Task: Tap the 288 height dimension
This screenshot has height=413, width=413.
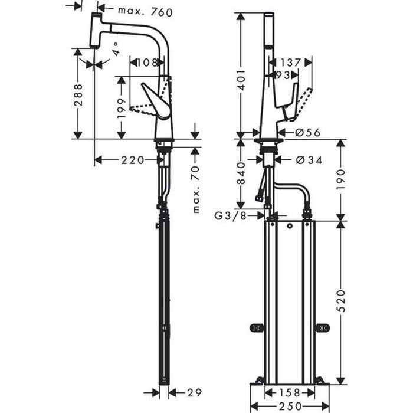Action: tap(78, 94)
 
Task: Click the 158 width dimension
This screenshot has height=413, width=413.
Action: tap(289, 392)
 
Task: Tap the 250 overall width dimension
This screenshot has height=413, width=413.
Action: tap(289, 406)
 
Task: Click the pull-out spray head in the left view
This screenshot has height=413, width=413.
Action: tap(96, 31)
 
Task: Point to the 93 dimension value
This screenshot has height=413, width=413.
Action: tap(282, 75)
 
